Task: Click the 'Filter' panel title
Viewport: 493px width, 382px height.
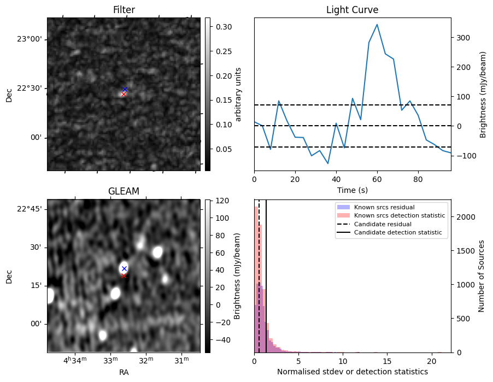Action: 124,10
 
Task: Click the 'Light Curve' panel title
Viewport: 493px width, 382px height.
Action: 352,10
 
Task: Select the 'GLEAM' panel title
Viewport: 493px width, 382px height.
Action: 124,191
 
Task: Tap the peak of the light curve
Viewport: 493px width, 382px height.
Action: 377,25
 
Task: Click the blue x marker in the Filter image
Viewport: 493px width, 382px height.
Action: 125,89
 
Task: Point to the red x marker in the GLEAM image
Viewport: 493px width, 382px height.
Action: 124,275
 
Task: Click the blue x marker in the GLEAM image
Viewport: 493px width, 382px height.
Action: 124,268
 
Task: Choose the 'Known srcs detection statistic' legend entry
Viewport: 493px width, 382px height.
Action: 400,216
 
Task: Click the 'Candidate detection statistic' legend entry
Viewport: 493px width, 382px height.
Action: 400,233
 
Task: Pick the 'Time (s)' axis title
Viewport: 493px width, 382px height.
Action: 352,190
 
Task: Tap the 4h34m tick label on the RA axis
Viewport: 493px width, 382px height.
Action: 75,361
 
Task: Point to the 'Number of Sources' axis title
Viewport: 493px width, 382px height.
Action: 482,276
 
